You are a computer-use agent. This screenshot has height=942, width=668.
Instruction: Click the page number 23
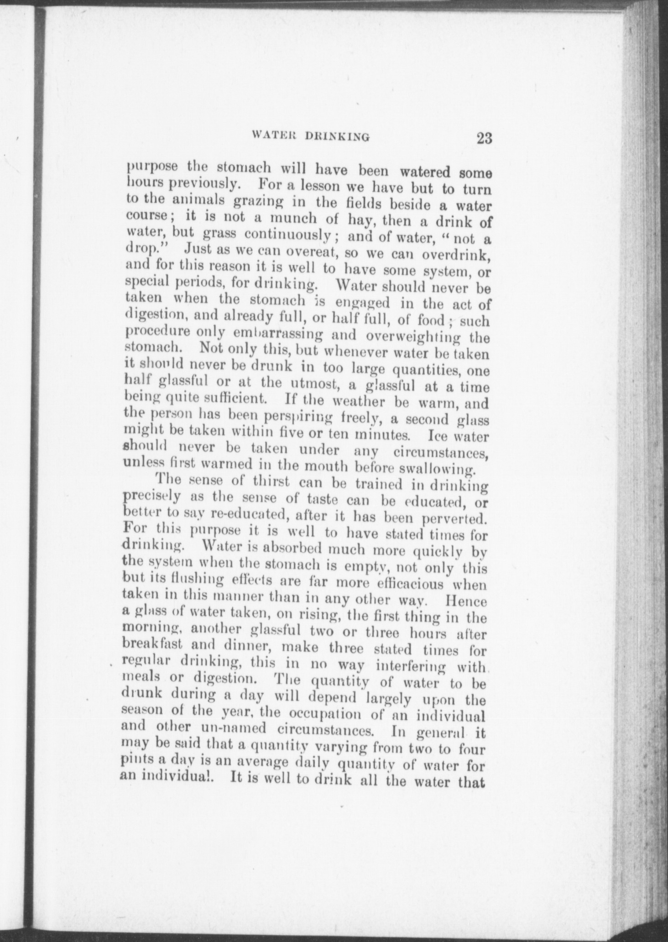(484, 138)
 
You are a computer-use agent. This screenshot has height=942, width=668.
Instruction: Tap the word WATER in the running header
(272, 136)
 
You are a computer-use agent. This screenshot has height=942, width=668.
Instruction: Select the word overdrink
(457, 254)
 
